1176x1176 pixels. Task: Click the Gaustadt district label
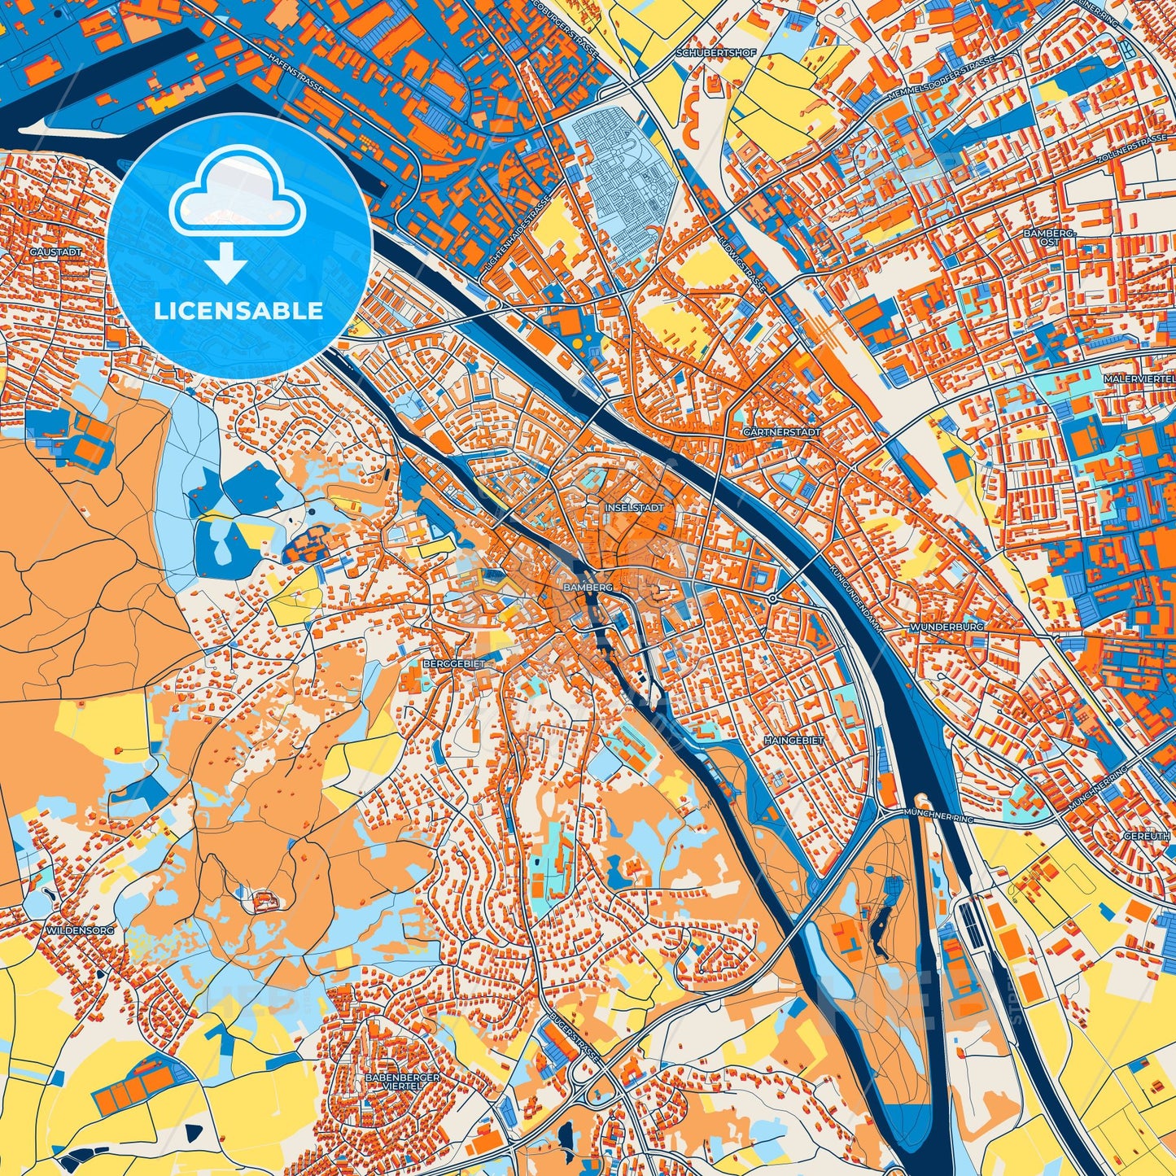click(x=55, y=252)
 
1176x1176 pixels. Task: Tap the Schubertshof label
click(x=705, y=54)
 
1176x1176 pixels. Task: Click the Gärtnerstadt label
click(x=781, y=432)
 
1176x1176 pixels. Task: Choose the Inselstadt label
click(x=635, y=507)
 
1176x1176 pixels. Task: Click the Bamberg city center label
click(x=587, y=586)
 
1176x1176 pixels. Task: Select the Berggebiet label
click(x=453, y=664)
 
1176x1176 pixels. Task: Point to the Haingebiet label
click(x=793, y=741)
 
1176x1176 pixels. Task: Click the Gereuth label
click(x=1148, y=837)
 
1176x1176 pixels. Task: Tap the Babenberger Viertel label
click(x=403, y=1081)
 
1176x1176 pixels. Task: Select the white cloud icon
click(x=237, y=199)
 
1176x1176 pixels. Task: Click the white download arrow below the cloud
click(x=227, y=264)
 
